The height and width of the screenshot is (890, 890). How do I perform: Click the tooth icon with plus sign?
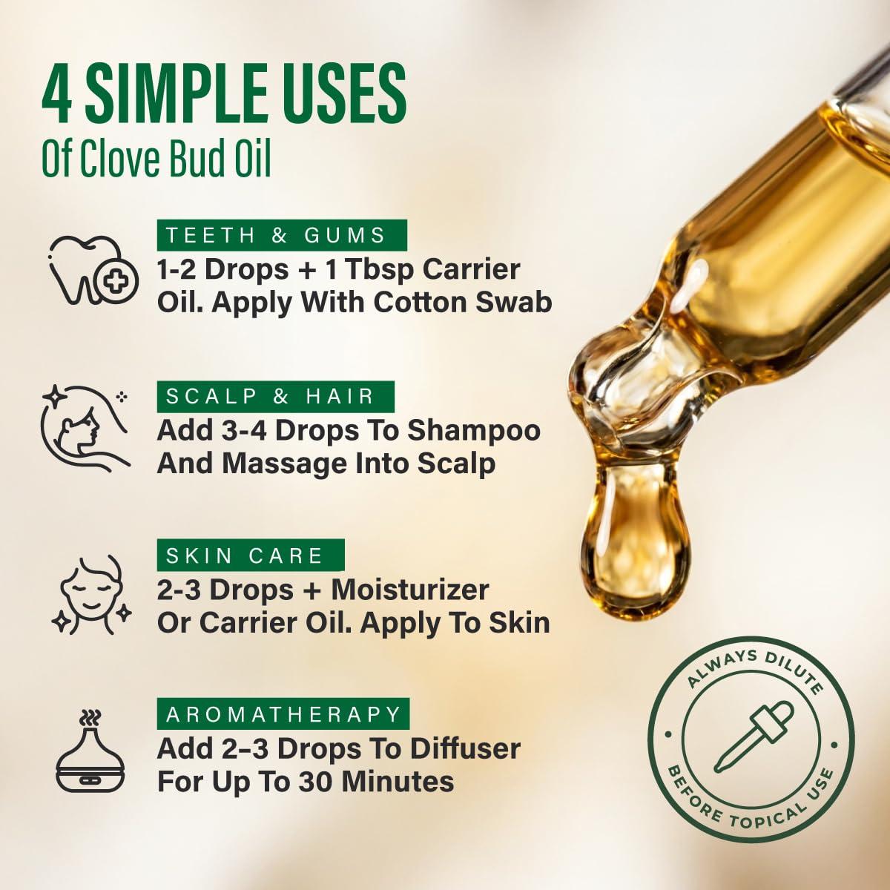[x=93, y=271]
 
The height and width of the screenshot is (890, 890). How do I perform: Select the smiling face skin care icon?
[x=91, y=596]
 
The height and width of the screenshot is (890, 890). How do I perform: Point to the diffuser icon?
[x=90, y=751]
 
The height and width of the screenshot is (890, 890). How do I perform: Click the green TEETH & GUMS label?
[x=282, y=235]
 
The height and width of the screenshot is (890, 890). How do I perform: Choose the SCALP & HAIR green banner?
[x=276, y=396]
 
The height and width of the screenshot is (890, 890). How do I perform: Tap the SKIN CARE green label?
[x=251, y=556]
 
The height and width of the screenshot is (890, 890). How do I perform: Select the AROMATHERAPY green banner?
[x=283, y=714]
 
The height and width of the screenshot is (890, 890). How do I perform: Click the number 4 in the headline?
[x=57, y=94]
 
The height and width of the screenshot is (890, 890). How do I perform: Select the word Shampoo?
[x=473, y=431]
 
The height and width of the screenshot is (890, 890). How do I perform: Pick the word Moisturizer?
[x=410, y=590]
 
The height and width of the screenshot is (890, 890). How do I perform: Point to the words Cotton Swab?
[x=463, y=303]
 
